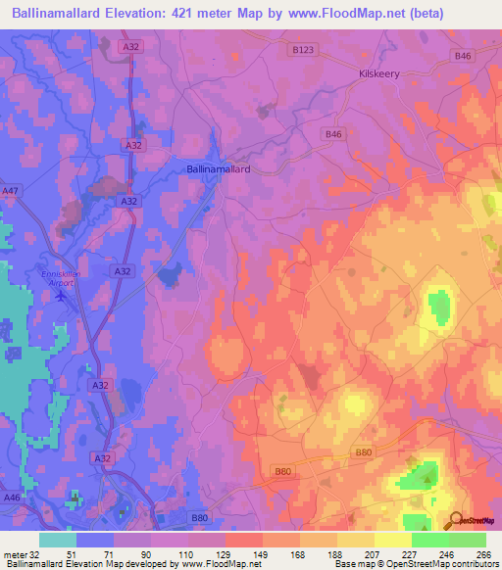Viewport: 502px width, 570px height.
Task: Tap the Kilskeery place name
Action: [380, 73]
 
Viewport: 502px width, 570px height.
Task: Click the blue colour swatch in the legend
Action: [95, 540]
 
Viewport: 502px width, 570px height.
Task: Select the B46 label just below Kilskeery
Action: [333, 134]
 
